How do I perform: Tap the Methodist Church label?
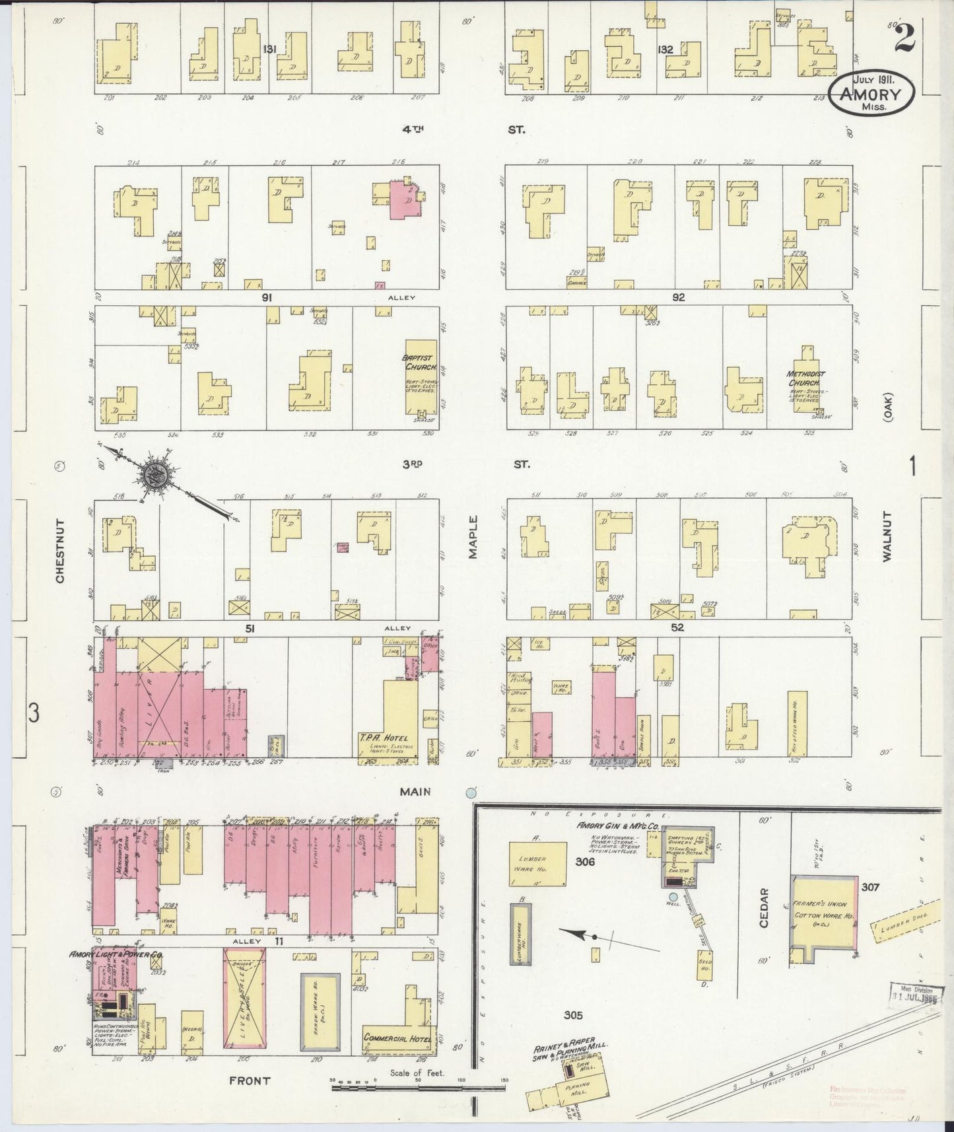(803, 378)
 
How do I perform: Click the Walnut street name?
(886, 536)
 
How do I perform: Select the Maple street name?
(473, 537)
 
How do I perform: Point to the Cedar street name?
(765, 908)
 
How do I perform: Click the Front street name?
(250, 1080)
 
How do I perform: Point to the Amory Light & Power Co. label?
(117, 956)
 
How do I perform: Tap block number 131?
(268, 49)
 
